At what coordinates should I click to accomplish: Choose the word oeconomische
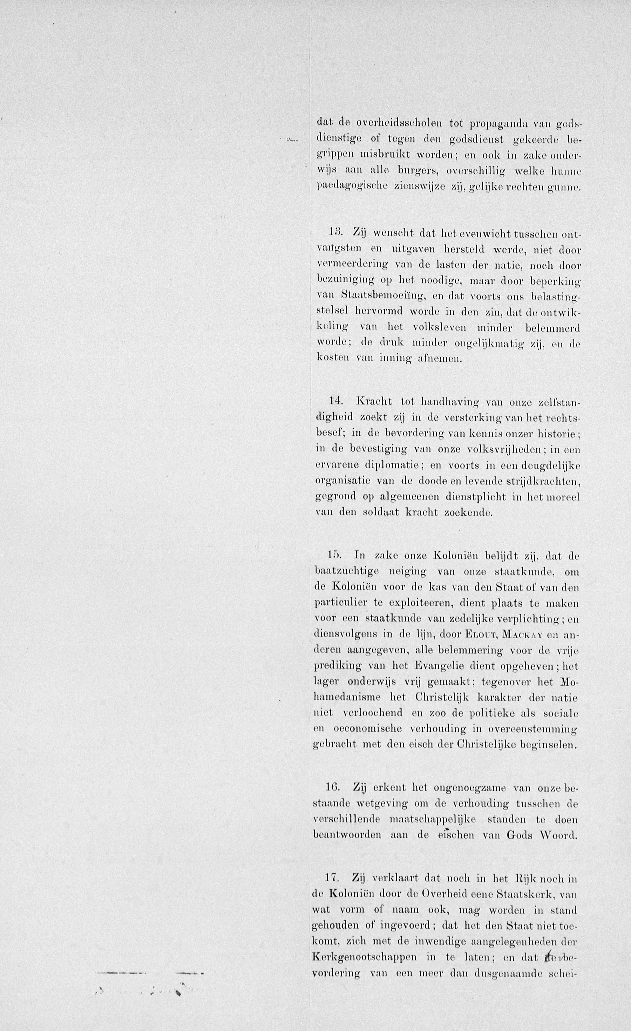point(367,728)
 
